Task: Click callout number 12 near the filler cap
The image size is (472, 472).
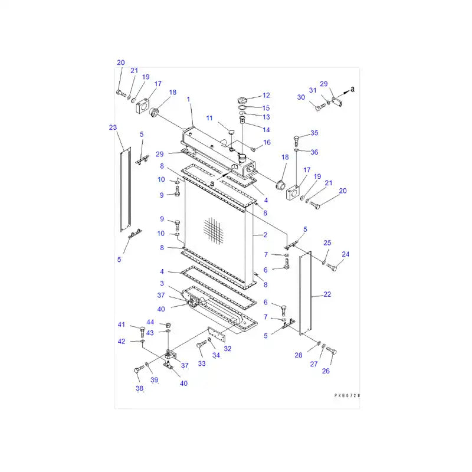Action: point(266,95)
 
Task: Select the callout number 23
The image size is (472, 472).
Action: point(113,127)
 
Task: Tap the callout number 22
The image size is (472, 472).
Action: point(327,294)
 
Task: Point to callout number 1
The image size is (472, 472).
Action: point(189,100)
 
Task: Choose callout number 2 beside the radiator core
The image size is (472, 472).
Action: point(265,235)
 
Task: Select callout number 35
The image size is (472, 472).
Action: point(314,133)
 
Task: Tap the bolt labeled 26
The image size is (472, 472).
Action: point(331,352)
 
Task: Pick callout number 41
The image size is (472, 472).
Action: point(122,324)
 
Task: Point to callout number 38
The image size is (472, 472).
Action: point(140,388)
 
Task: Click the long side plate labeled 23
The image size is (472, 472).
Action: point(124,189)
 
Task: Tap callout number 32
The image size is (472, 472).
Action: point(228,349)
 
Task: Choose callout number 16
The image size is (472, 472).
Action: point(267,142)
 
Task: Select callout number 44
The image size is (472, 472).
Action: point(150,322)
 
